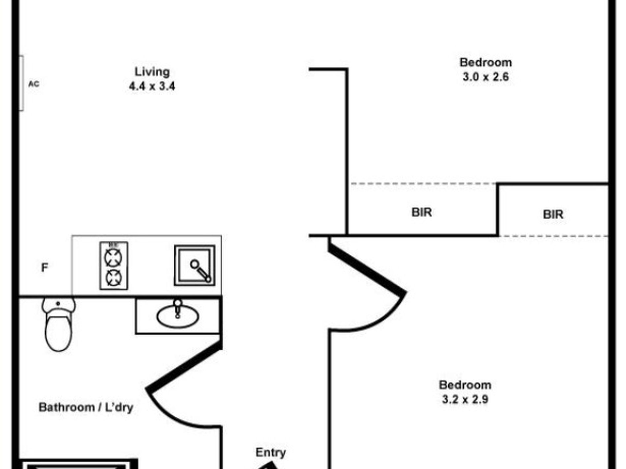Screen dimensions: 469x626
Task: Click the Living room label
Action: coord(152,72)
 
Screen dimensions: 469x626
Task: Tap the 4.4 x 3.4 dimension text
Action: coord(152,86)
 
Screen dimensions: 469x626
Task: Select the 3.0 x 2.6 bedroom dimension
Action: coord(485,77)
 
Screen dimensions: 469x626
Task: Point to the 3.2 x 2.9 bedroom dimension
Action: coord(465,399)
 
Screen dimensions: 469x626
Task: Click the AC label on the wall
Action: coord(34,84)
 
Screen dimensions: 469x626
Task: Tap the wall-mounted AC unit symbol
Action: coord(21,83)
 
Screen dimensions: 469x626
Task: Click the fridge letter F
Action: coord(44,267)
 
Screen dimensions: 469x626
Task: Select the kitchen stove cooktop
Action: coord(114,266)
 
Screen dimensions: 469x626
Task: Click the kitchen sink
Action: coord(194,265)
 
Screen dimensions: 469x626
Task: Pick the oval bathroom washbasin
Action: coord(178,316)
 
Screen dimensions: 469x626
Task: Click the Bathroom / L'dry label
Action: coord(86,407)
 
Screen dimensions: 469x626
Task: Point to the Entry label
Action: coord(270,453)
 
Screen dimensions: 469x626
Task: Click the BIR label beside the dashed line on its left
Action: coord(421,212)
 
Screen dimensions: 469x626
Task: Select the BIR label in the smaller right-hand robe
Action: coord(553,215)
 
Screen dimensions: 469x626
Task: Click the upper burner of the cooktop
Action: coord(113,257)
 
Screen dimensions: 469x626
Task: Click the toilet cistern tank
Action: coord(58,304)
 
